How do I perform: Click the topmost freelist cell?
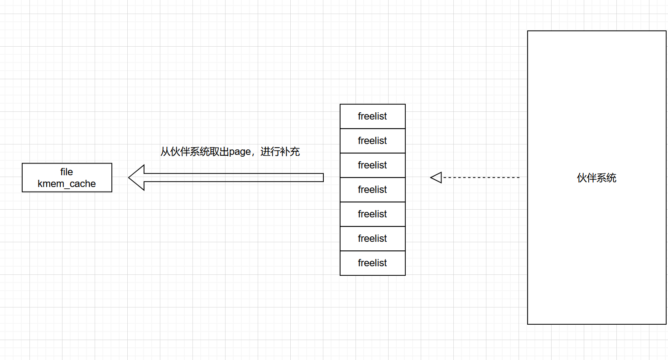pyautogui.click(x=372, y=116)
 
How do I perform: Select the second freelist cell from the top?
pyautogui.click(x=372, y=141)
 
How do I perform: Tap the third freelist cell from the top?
pyautogui.click(x=372, y=165)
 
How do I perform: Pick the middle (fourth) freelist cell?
pyautogui.click(x=372, y=190)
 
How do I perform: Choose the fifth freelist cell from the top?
pyautogui.click(x=372, y=214)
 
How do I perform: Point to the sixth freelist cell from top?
pyautogui.click(x=372, y=239)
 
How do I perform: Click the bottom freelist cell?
pyautogui.click(x=372, y=263)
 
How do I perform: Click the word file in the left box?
pyautogui.click(x=67, y=172)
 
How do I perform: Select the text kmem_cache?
pyautogui.click(x=67, y=184)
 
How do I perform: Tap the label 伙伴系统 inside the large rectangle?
pyautogui.click(x=596, y=178)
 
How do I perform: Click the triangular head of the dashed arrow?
pyautogui.click(x=436, y=178)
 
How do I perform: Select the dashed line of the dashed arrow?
pyautogui.click(x=480, y=178)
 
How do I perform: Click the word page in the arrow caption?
pyautogui.click(x=240, y=152)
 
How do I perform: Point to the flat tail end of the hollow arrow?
pyautogui.click(x=322, y=178)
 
